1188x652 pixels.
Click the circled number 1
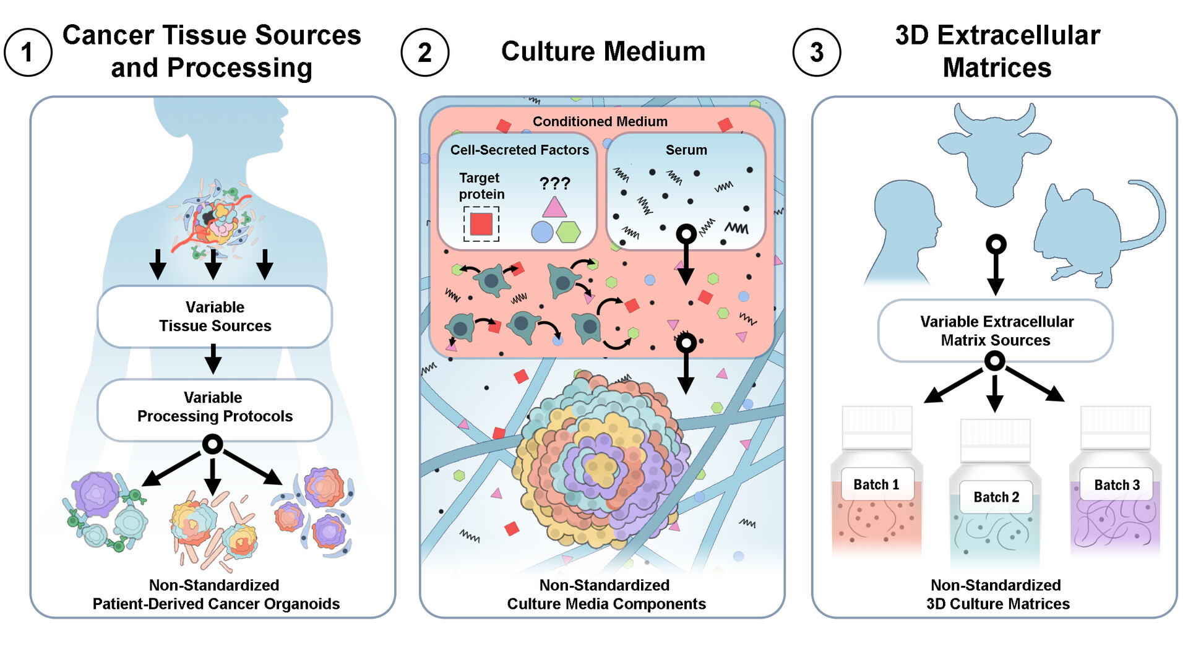[27, 53]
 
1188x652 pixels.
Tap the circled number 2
[424, 53]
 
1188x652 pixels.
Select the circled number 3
[816, 53]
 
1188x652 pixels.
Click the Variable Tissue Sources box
[214, 316]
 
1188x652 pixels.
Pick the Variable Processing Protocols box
[214, 407]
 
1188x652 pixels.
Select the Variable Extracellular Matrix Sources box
[995, 331]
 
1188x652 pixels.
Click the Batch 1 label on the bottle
[876, 484]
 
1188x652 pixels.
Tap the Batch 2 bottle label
[996, 497]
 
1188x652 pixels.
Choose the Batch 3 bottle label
[1116, 484]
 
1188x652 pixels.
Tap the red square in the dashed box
[481, 223]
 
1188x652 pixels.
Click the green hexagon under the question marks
[568, 232]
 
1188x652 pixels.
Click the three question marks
[554, 183]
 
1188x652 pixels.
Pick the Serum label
[686, 150]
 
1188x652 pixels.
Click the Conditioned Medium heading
[600, 121]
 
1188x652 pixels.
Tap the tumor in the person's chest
[213, 220]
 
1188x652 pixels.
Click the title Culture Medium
[603, 51]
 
